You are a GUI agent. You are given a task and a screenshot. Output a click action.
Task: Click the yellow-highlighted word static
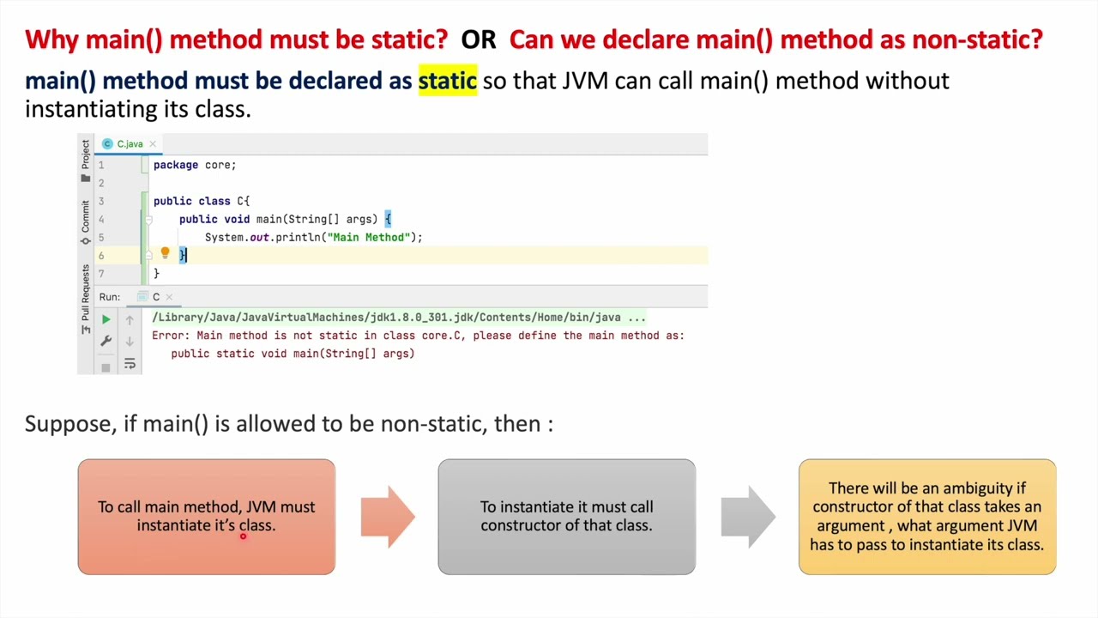tap(447, 81)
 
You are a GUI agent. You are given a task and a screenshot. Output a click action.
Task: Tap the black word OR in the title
tap(479, 39)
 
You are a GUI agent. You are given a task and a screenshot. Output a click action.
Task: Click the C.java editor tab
tap(130, 143)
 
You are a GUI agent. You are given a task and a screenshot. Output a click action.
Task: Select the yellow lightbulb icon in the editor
tap(166, 253)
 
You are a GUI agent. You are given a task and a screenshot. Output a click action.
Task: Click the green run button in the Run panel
tap(106, 319)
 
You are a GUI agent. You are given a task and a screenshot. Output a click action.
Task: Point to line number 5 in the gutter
tap(101, 237)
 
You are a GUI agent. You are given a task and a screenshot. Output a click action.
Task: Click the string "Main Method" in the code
tap(371, 237)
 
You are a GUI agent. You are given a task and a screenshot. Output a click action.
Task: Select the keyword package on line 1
tap(176, 165)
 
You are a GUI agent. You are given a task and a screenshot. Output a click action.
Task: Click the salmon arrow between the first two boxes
tap(388, 517)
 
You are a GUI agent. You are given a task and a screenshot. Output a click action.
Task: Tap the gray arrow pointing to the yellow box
tap(748, 517)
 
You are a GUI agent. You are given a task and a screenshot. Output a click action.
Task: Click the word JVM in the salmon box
tap(261, 507)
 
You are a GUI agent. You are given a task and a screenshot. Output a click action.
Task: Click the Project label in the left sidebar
tap(85, 155)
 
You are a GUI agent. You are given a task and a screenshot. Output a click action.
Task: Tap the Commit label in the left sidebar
tap(85, 217)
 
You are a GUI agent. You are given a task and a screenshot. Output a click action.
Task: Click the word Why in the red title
tap(52, 39)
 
